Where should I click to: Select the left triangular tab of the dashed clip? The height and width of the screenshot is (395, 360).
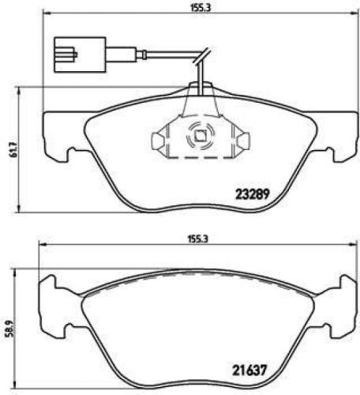pos(159,141)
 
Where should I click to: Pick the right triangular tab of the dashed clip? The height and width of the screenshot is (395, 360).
pos(243,141)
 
